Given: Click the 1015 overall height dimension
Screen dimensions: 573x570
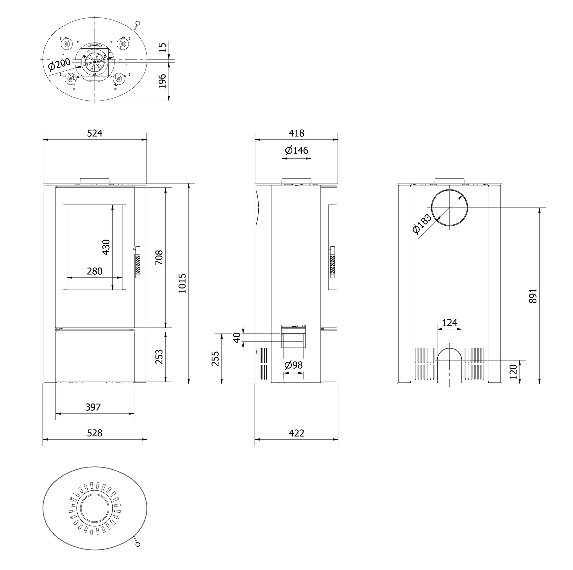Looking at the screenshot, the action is pyautogui.click(x=182, y=283).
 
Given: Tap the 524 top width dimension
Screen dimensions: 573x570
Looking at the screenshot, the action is pyautogui.click(x=95, y=133).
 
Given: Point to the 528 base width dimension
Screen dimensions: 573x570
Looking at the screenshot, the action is pyautogui.click(x=95, y=433).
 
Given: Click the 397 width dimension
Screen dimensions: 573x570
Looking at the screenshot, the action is pyautogui.click(x=93, y=407).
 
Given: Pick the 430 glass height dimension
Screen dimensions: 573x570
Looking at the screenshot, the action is pyautogui.click(x=106, y=247).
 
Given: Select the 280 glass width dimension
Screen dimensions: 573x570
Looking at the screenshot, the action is pyautogui.click(x=95, y=271).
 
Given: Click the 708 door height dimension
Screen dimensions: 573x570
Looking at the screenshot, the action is pyautogui.click(x=159, y=257).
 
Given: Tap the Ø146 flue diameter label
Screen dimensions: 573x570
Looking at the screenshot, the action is pyautogui.click(x=297, y=150).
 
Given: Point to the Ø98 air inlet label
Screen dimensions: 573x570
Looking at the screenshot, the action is pyautogui.click(x=294, y=365).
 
